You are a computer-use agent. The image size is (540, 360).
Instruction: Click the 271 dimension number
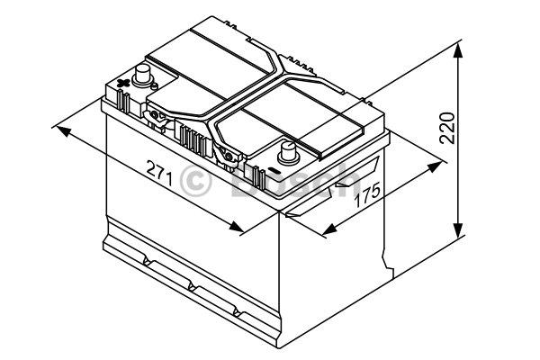click(x=159, y=173)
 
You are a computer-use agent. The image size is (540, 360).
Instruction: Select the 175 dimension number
click(x=368, y=195)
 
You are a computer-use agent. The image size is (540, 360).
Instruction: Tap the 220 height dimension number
click(x=447, y=128)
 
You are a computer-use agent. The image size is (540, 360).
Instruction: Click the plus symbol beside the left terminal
click(x=123, y=83)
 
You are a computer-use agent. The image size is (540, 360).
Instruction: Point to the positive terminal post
click(x=142, y=76)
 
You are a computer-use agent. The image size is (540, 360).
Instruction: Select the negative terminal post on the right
click(x=288, y=153)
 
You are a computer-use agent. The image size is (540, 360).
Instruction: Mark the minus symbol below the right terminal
click(x=274, y=170)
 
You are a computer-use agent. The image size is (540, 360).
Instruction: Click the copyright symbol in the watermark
click(x=195, y=181)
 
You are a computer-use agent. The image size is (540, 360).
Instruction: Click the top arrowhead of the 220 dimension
click(x=458, y=51)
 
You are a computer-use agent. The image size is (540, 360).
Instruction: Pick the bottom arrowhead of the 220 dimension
click(x=458, y=230)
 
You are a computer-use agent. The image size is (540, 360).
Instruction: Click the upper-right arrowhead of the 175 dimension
click(x=435, y=166)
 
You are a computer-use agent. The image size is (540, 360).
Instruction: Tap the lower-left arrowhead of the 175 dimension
click(x=329, y=229)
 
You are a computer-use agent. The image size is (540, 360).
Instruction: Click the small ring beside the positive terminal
click(x=155, y=85)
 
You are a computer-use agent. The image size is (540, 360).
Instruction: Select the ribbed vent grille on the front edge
click(x=193, y=139)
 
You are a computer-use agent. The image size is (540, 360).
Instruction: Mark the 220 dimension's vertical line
click(x=458, y=140)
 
